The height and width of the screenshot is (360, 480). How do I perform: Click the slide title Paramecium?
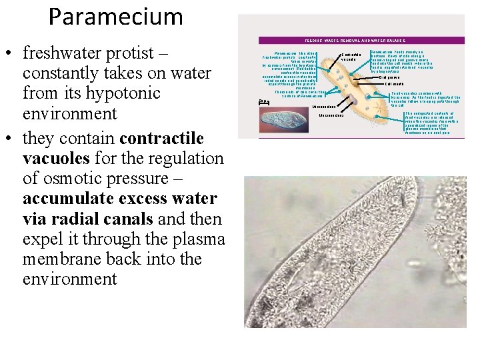(x=115, y=17)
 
